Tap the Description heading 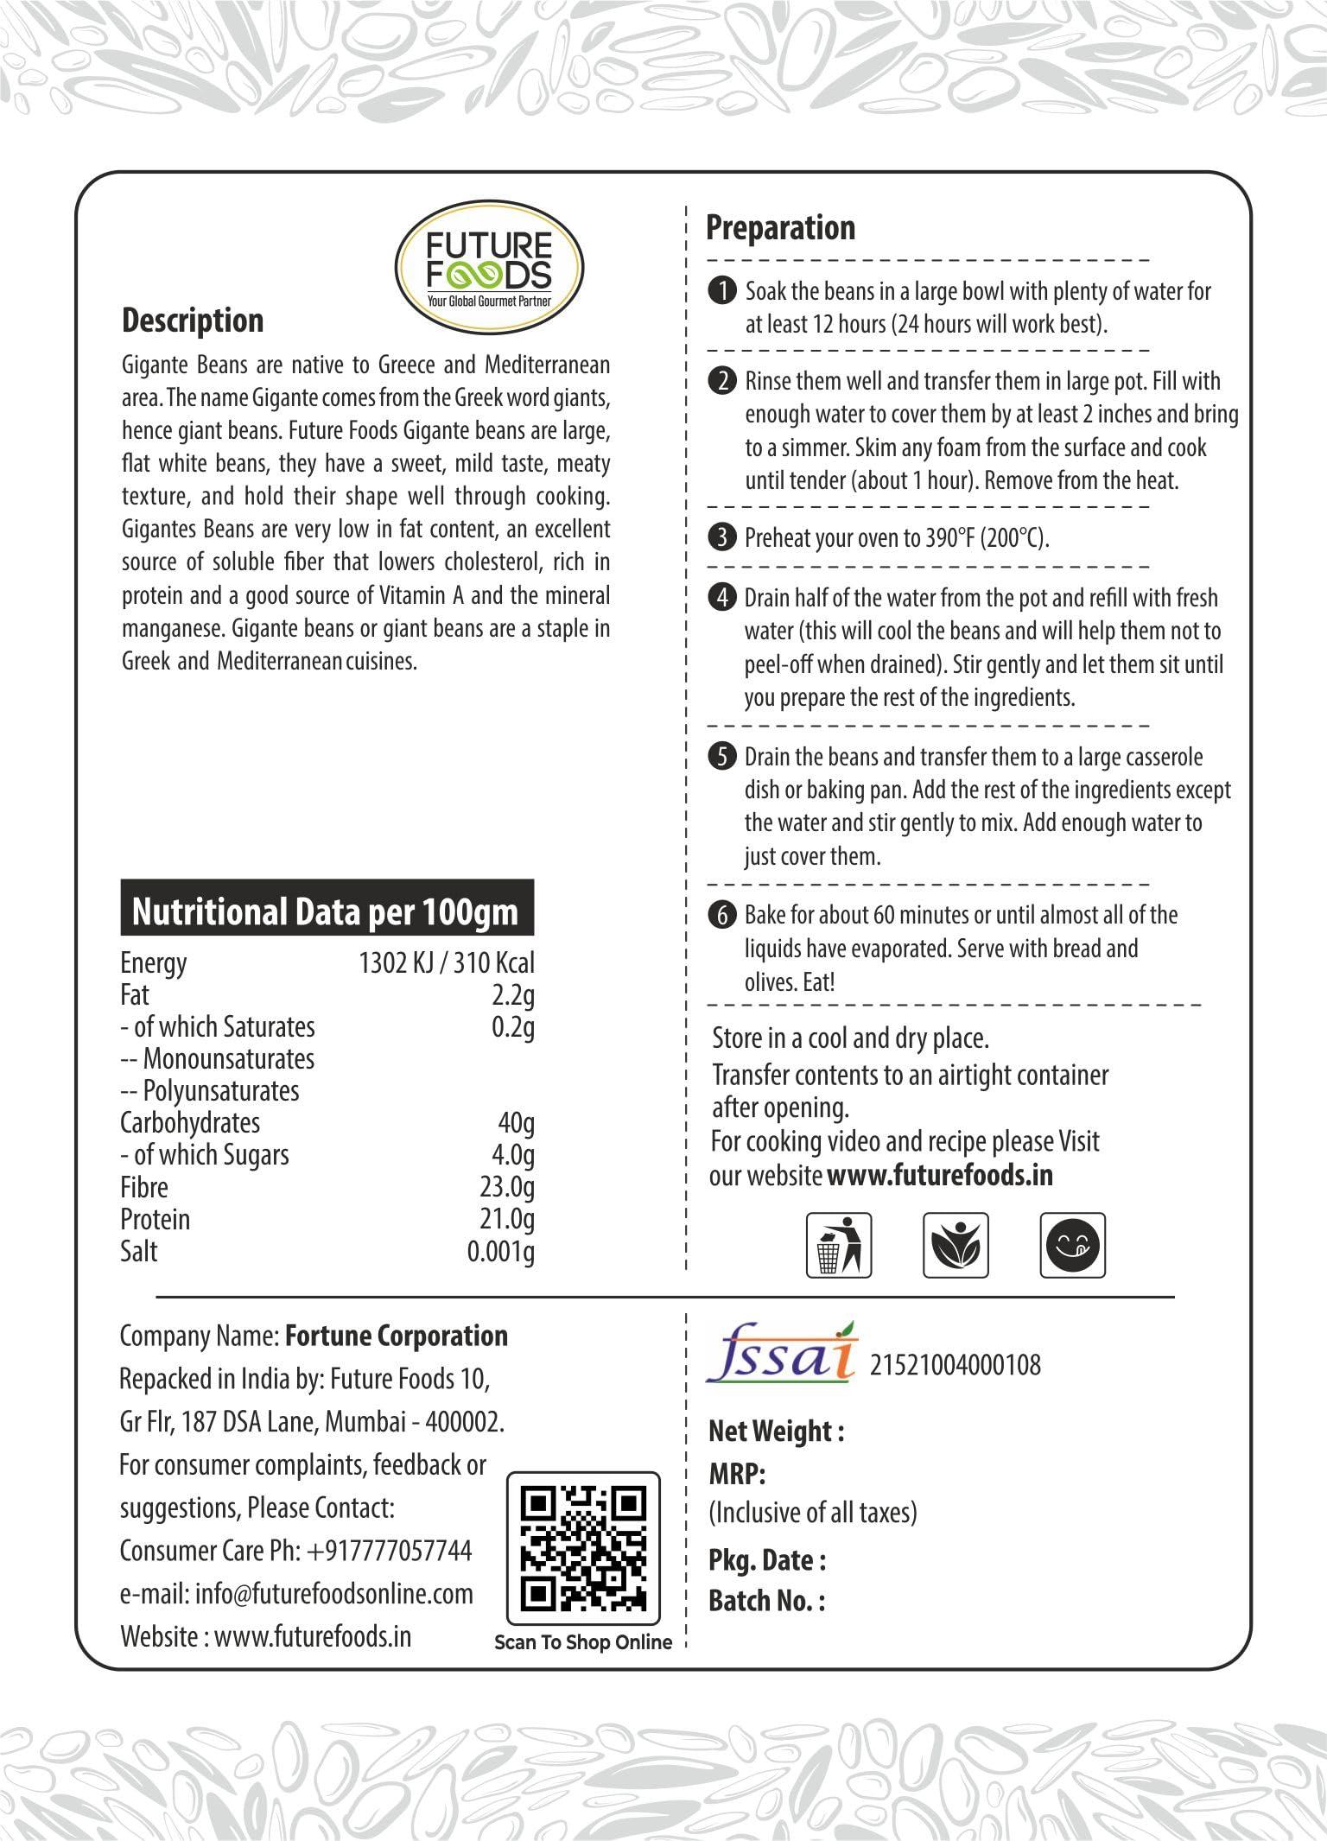coord(193,321)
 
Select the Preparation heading coord(780,228)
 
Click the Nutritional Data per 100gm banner coord(327,911)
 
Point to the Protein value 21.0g coord(507,1219)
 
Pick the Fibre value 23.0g coord(507,1187)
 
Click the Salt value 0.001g coord(500,1251)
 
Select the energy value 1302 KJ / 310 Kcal coord(447,962)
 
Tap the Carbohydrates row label coord(190,1123)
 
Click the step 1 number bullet coord(721,291)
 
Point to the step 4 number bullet coord(721,598)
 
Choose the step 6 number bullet coord(721,915)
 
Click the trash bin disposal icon coord(838,1245)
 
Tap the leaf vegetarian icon coord(956,1245)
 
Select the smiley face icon coord(1073,1245)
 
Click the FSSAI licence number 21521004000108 coord(955,1365)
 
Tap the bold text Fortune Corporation coord(397,1336)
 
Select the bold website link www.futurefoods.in coord(940,1175)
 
